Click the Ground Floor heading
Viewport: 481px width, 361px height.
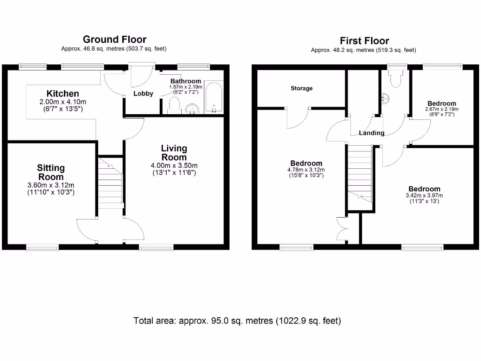click(x=114, y=39)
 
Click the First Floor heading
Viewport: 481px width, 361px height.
click(x=364, y=41)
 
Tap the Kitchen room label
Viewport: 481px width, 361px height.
click(x=62, y=94)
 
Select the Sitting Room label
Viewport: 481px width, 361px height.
click(x=51, y=173)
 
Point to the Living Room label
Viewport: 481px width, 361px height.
click(x=174, y=153)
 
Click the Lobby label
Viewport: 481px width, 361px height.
click(x=143, y=94)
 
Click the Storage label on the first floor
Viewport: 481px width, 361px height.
click(x=302, y=88)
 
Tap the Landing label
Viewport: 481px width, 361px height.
click(x=372, y=133)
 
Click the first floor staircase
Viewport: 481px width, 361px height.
click(x=359, y=174)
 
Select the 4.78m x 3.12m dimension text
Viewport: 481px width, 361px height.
click(x=306, y=170)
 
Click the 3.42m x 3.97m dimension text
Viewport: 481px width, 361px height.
click(x=424, y=196)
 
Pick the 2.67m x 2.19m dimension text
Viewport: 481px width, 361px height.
click(x=442, y=110)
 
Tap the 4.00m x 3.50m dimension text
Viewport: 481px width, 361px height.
click(x=174, y=165)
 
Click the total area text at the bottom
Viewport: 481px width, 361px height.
click(x=237, y=321)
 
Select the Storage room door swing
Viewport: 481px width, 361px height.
click(x=297, y=118)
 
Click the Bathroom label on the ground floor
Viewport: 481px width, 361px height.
click(x=186, y=81)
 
